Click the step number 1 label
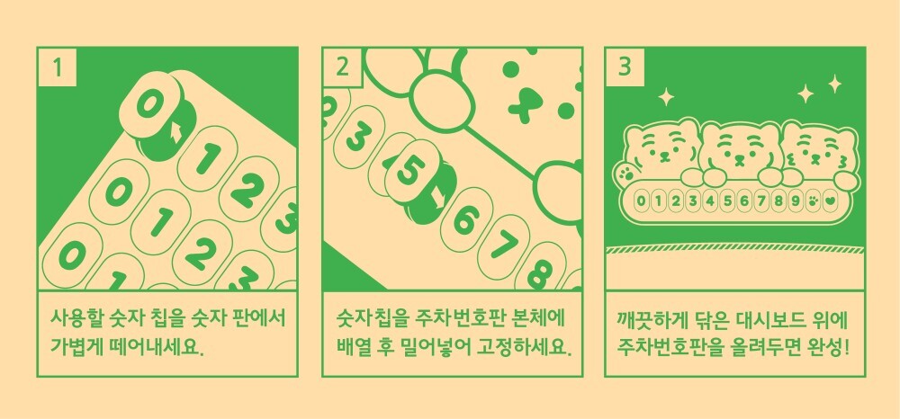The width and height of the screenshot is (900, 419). pos(57,67)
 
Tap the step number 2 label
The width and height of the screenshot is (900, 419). pos(342,67)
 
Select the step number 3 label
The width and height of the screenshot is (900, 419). pos(625,67)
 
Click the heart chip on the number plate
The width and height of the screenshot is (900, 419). pos(830,201)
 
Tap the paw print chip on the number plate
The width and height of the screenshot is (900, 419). pos(813,201)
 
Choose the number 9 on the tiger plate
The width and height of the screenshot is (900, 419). pos(796,201)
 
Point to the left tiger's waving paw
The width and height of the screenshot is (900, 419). pos(625,172)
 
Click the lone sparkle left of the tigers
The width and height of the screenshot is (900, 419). pos(666,96)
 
